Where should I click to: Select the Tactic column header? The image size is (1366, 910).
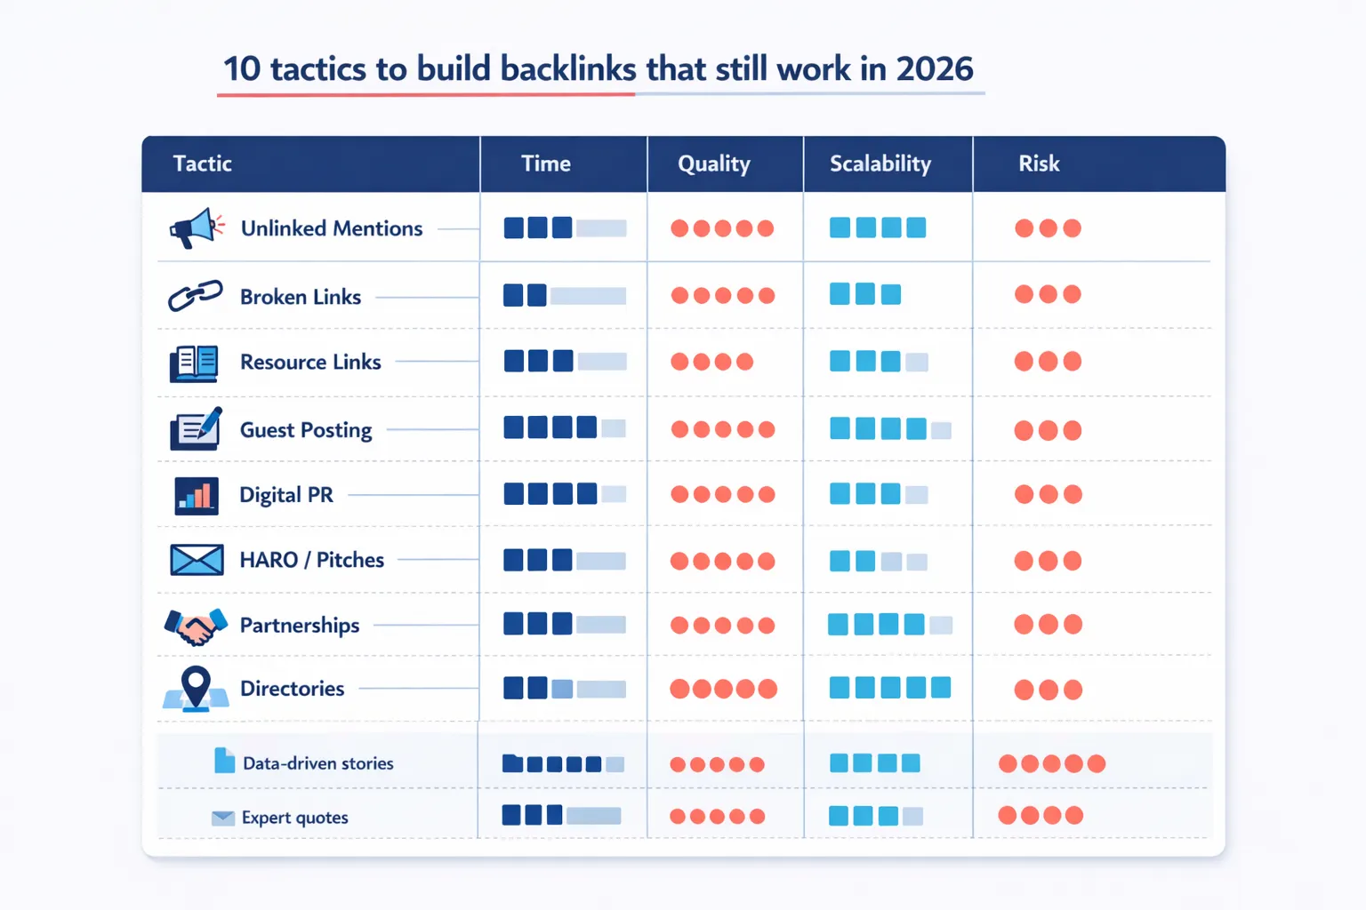(x=202, y=164)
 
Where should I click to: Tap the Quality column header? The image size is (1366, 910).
(x=713, y=164)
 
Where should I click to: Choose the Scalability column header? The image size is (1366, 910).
(x=880, y=164)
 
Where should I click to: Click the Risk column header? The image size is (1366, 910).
(x=1039, y=164)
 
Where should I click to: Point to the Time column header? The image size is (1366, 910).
(x=545, y=164)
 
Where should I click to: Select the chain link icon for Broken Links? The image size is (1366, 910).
(x=196, y=296)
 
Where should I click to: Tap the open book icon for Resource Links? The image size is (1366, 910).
(x=194, y=363)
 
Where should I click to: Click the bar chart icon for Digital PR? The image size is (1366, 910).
(x=196, y=495)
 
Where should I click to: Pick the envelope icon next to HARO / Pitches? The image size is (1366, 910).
(x=197, y=560)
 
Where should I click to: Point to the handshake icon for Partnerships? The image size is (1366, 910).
(x=196, y=626)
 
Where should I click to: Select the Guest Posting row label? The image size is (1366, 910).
(x=306, y=430)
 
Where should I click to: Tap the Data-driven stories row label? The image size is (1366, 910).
(x=317, y=763)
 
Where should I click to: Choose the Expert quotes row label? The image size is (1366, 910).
(x=294, y=818)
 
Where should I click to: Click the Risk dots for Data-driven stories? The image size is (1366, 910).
(x=1051, y=763)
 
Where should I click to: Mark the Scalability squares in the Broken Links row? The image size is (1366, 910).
(x=864, y=294)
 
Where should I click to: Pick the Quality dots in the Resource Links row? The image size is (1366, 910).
(x=711, y=362)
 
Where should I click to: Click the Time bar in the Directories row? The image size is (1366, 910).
(x=564, y=689)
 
